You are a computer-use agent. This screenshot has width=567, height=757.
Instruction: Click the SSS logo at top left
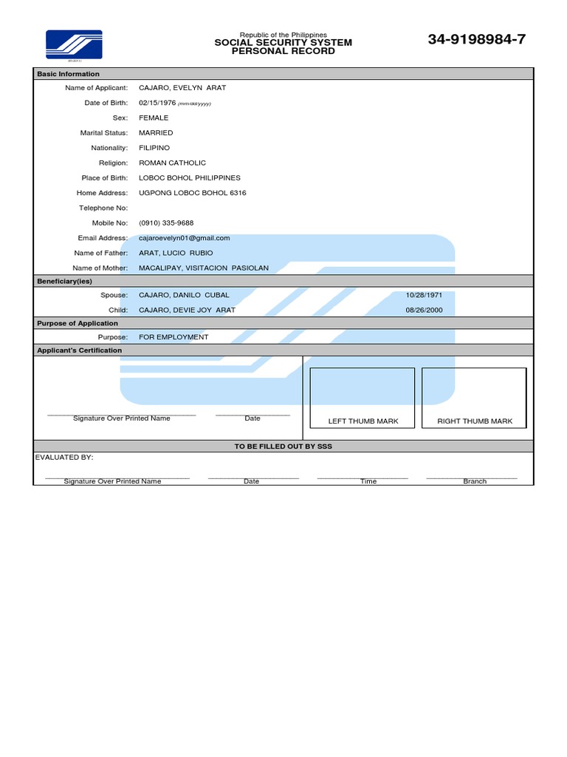point(74,44)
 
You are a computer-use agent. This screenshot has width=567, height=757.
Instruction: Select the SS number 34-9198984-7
point(476,40)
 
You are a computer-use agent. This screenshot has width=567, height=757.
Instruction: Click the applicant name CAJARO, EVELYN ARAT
point(182,88)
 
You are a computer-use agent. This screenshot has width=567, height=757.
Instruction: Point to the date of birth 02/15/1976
point(157,103)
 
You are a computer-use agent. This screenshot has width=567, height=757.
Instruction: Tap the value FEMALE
point(154,118)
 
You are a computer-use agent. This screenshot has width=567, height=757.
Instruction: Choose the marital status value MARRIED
point(156,133)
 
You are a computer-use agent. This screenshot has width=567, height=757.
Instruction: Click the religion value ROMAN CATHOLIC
point(173,163)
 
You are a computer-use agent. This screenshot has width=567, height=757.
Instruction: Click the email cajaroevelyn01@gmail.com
point(185,238)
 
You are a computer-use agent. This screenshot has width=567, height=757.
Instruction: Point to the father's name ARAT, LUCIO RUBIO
point(176,253)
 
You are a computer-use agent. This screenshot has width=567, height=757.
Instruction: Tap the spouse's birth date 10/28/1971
point(424,295)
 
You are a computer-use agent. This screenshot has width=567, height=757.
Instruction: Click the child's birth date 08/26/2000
point(424,310)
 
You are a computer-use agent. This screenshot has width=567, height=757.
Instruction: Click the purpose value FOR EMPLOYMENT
point(173,337)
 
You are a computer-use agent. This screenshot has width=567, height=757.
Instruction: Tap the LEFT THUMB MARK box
point(362,398)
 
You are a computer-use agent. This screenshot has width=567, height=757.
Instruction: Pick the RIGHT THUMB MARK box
point(474,398)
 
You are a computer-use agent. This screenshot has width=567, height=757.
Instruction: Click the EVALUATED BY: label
point(64,458)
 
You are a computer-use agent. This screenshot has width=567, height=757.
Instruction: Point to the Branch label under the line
point(475,481)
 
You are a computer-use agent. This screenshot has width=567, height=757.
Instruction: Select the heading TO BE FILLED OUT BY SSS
point(283,447)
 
